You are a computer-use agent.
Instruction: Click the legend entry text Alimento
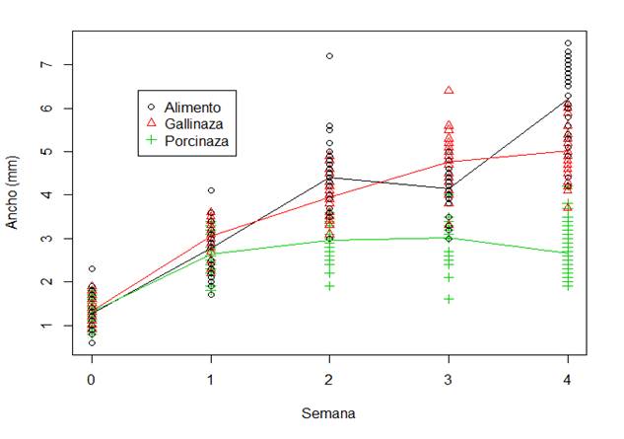coord(192,106)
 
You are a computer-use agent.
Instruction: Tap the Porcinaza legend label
coord(197,140)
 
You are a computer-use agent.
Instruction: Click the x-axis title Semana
coord(328,414)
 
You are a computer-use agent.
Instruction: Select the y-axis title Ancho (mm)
coord(13,192)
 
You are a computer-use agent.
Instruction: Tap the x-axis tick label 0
coord(92,380)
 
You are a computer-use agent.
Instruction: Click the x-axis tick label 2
coord(329,380)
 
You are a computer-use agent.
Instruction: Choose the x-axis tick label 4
coord(567,380)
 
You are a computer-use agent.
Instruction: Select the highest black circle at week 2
coord(329,56)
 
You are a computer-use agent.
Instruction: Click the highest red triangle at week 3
coord(449,90)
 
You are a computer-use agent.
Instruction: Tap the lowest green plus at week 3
coord(449,298)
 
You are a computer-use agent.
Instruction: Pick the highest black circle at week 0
coord(92,268)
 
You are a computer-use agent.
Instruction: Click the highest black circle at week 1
coord(211,190)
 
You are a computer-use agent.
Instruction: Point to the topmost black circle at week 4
coord(567,43)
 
